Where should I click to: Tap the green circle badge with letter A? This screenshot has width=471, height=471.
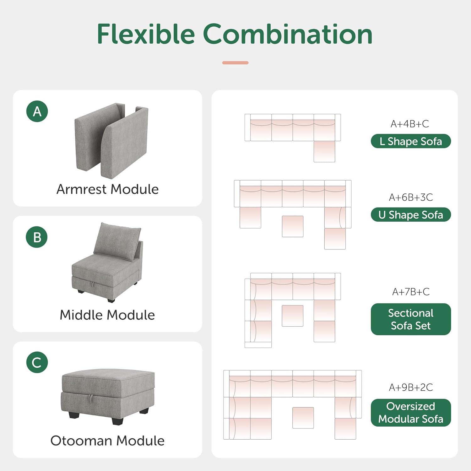pos(37,111)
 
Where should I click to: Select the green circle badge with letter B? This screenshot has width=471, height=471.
pos(37,237)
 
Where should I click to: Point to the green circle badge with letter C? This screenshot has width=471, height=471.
pos(37,362)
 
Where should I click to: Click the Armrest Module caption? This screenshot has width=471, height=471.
pos(107,189)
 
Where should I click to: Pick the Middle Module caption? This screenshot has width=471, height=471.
pos(107,315)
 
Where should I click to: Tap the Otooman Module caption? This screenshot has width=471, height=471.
pos(107,441)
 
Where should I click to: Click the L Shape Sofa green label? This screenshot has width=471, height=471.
pos(411,141)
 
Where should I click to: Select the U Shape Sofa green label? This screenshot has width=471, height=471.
pos(411,215)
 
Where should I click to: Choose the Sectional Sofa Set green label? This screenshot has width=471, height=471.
pos(411,319)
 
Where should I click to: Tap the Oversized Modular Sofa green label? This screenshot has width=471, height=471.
pos(411,413)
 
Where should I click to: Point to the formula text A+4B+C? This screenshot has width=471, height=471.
pos(410,124)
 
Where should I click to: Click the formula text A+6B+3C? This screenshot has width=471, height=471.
pos(411,198)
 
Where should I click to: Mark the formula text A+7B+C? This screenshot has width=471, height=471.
pos(411,292)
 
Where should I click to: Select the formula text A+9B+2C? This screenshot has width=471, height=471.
pos(411,387)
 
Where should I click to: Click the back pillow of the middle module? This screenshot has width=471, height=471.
pos(117,241)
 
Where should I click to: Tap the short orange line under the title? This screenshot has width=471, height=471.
pos(235,63)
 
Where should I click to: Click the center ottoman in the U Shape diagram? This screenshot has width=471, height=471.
pos(293,226)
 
